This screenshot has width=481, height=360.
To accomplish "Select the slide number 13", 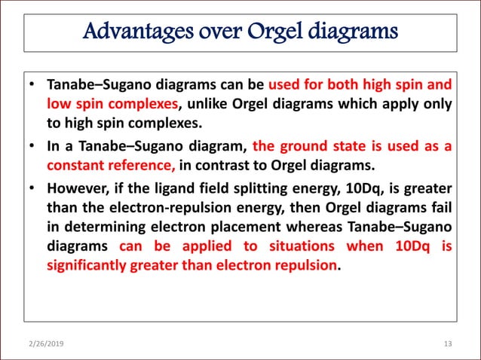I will [x=448, y=344].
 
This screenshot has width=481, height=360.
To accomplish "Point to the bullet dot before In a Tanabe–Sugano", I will [x=34, y=147].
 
